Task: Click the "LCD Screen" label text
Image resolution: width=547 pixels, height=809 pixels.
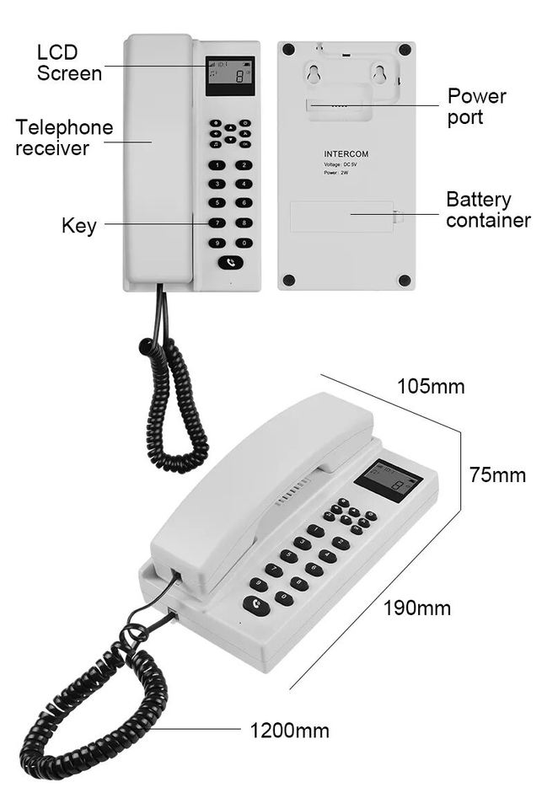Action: [69, 63]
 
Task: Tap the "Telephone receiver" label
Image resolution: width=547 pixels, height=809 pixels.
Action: [64, 138]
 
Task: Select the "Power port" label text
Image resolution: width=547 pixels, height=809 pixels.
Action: [476, 107]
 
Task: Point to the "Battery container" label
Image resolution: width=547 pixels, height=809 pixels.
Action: [488, 210]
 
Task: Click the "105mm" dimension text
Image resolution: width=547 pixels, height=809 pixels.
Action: [431, 387]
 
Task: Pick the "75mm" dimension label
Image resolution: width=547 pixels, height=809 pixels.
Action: [497, 475]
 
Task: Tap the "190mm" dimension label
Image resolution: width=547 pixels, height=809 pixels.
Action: [417, 608]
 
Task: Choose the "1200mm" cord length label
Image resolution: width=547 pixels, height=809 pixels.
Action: [289, 730]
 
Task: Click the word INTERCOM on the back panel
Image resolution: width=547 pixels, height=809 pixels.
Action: [346, 154]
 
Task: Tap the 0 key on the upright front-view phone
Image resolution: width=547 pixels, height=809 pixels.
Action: [244, 243]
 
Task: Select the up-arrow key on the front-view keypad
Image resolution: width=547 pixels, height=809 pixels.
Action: [230, 126]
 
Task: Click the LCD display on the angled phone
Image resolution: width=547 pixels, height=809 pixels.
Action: [387, 481]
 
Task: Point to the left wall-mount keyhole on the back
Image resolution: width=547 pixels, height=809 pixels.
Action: [314, 77]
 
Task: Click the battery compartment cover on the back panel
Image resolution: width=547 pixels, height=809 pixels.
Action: [341, 217]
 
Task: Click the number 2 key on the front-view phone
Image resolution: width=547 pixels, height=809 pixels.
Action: [244, 165]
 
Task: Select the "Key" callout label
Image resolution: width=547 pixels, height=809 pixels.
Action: [78, 226]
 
